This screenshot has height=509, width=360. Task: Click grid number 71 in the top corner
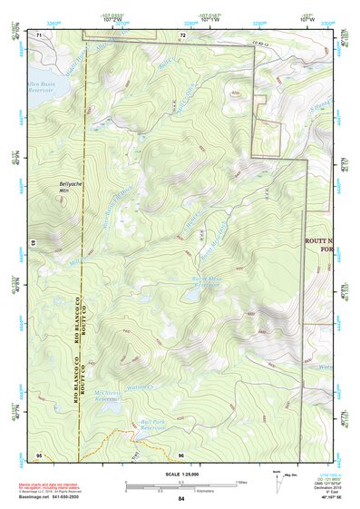pyautogui.click(x=40, y=34)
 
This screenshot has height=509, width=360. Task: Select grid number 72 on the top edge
pyautogui.click(x=182, y=34)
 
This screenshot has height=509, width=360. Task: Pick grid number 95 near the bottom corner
pyautogui.click(x=39, y=453)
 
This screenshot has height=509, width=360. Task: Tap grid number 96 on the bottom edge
pyautogui.click(x=181, y=453)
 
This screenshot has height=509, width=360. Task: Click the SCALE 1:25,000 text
pyautogui.click(x=180, y=474)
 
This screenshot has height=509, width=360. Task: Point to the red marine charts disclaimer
pyautogui.click(x=54, y=487)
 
